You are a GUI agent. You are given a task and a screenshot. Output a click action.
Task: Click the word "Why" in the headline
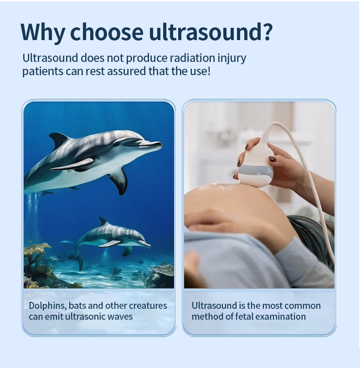[43, 32]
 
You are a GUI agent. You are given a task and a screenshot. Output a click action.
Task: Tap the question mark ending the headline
[267, 32]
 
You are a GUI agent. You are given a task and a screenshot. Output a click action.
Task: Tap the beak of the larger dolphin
[151, 144]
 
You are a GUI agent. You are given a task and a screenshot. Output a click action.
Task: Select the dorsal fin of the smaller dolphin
[103, 221]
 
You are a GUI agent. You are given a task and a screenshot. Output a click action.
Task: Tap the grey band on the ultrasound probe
[256, 171]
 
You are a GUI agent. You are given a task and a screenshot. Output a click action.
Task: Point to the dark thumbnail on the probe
[272, 159]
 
